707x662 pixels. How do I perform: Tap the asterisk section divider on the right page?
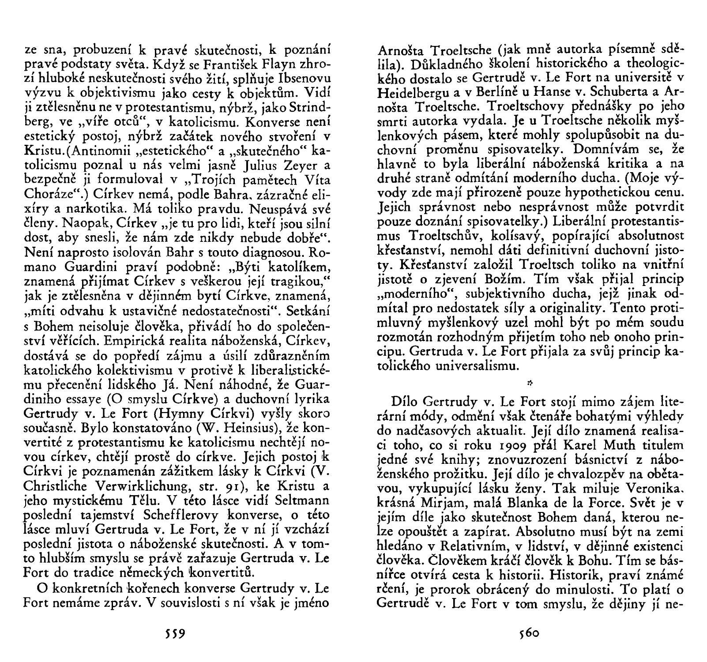click(528, 381)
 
